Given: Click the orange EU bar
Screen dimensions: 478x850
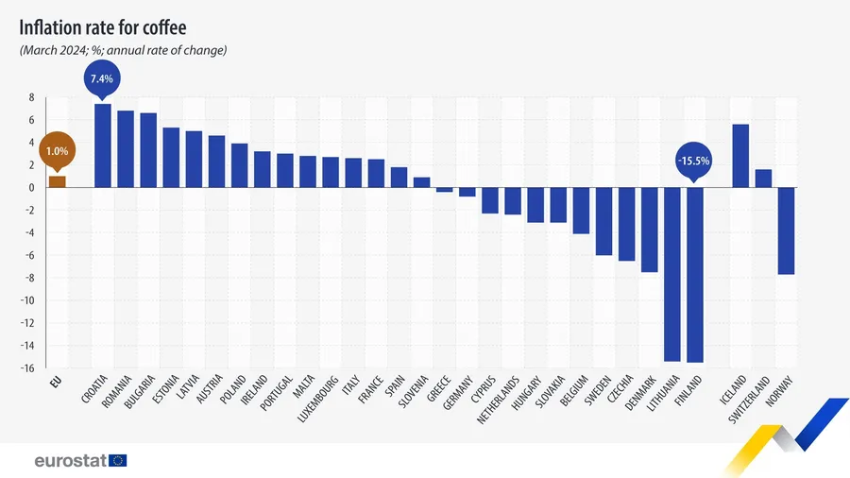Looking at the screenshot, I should (58, 181).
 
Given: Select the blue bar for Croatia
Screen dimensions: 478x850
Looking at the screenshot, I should (103, 145).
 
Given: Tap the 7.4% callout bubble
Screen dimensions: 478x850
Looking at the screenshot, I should (101, 79).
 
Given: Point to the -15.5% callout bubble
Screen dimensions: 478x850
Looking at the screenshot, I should (693, 161).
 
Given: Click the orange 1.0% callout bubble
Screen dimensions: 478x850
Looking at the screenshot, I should (57, 150).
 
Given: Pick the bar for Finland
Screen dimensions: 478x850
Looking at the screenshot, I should (695, 274).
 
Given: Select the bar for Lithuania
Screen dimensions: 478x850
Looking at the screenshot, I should (672, 274).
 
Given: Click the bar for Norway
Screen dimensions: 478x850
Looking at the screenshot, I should (786, 230).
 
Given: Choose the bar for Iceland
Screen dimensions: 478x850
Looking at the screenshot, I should (740, 156).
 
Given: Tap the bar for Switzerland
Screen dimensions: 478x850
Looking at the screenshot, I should (763, 178).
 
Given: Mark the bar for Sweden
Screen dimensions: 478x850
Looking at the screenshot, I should (603, 221).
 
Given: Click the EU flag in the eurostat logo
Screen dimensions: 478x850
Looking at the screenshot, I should (118, 460).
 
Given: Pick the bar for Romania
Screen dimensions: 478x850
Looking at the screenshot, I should (126, 148).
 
